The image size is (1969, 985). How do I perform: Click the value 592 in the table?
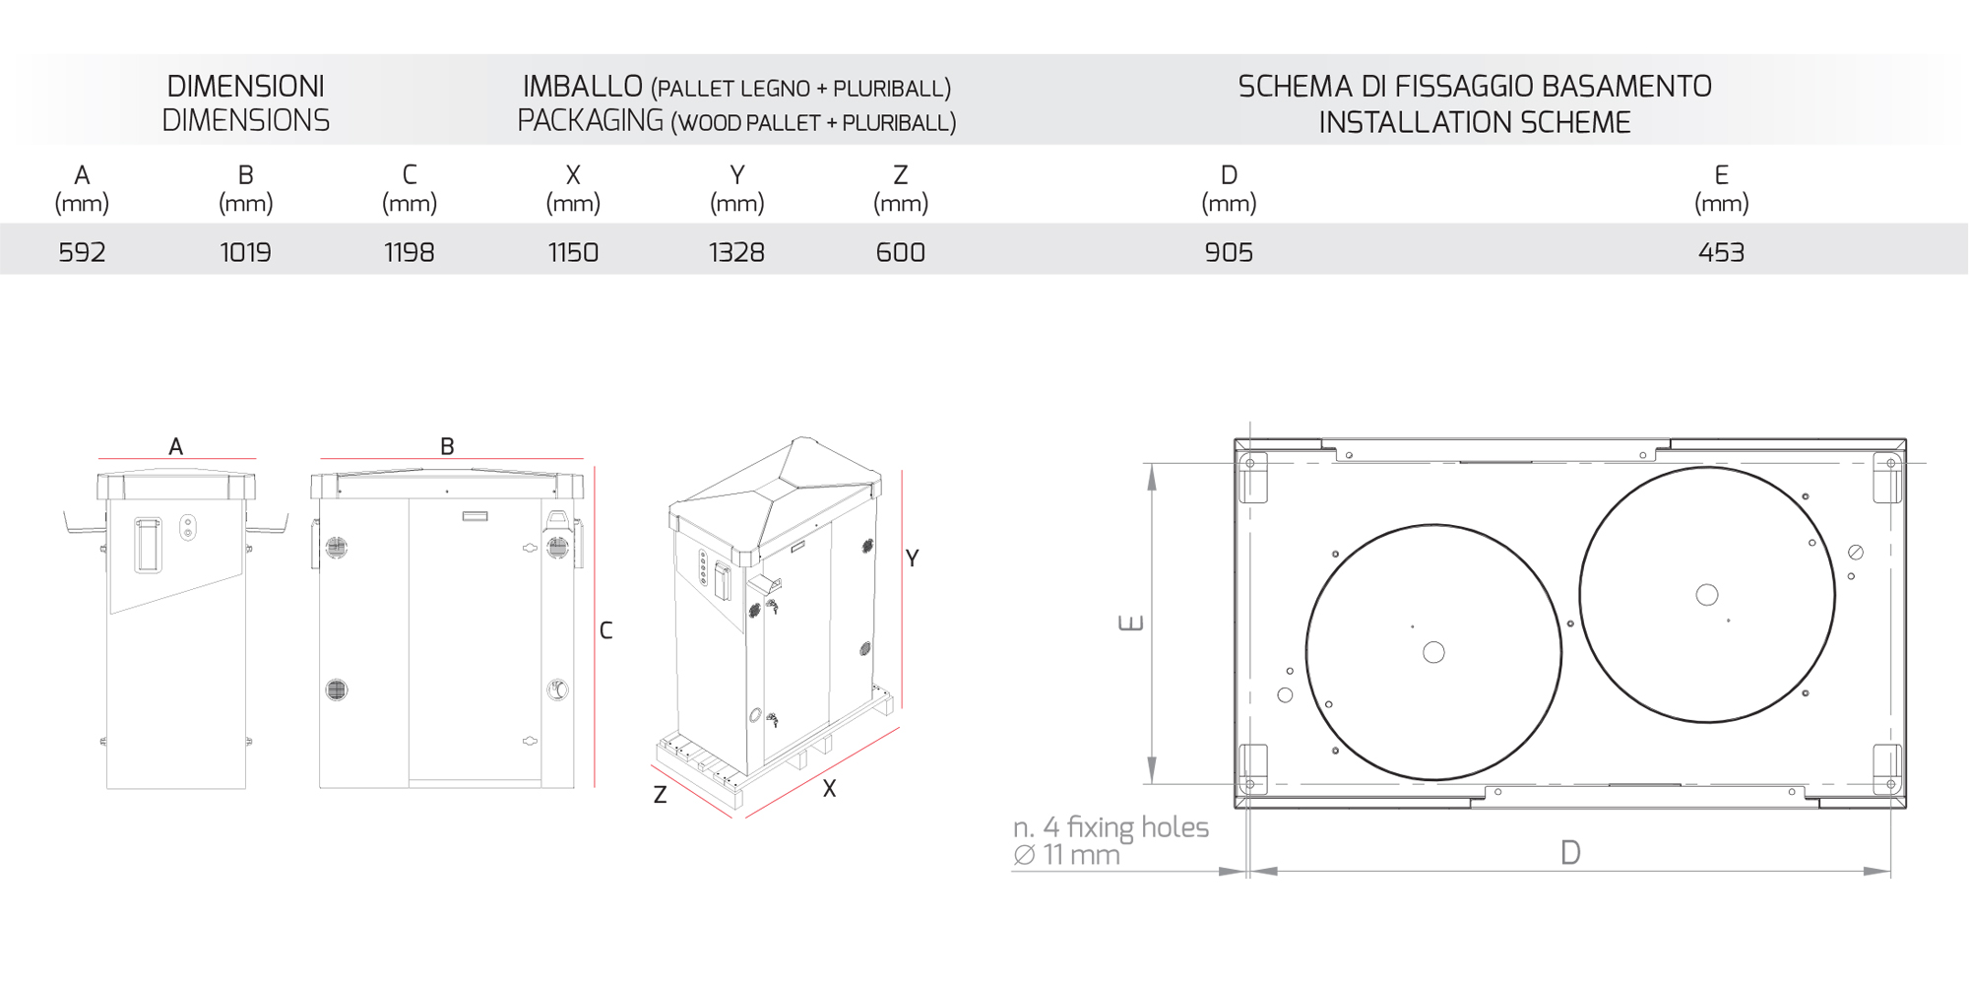(82, 253)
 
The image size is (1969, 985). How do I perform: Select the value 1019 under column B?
(245, 253)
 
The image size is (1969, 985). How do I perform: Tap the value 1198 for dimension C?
(410, 253)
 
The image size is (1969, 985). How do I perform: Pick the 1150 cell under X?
(573, 253)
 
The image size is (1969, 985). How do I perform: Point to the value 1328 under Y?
(736, 253)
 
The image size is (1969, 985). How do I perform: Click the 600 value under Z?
(901, 253)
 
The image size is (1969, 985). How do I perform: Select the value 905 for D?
(1229, 253)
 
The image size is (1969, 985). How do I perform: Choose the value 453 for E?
(1721, 253)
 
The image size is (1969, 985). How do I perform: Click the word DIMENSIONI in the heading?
(245, 87)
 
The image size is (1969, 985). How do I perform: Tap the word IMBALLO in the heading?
(583, 87)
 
